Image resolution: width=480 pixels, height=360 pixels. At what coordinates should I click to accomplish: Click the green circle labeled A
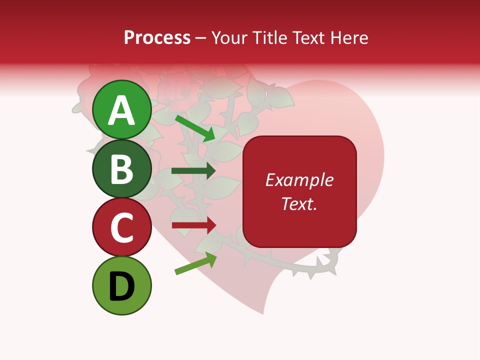pyautogui.click(x=122, y=109)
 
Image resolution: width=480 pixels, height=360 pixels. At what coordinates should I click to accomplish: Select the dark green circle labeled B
pyautogui.click(x=122, y=168)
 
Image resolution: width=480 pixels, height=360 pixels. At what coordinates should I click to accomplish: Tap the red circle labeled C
pyautogui.click(x=122, y=227)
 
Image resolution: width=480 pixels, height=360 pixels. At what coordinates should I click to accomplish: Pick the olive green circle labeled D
pyautogui.click(x=122, y=286)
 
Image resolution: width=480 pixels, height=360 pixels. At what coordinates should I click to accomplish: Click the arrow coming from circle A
pyautogui.click(x=195, y=127)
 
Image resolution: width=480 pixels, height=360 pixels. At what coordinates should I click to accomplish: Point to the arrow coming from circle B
pyautogui.click(x=193, y=171)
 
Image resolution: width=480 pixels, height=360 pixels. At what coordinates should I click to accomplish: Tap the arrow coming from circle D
pyautogui.click(x=195, y=263)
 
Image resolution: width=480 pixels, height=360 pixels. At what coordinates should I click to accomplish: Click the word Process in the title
pyautogui.click(x=157, y=37)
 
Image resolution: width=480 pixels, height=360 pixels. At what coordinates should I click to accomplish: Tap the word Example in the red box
pyautogui.click(x=299, y=180)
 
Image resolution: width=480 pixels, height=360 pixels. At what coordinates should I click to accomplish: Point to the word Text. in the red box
pyautogui.click(x=299, y=203)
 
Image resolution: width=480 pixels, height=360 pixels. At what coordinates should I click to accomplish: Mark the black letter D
pyautogui.click(x=122, y=287)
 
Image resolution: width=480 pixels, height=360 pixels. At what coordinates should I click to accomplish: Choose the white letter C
pyautogui.click(x=122, y=228)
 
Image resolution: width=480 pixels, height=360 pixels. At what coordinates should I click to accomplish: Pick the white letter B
pyautogui.click(x=122, y=169)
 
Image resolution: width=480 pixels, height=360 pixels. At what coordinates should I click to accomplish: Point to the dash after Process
pyautogui.click(x=200, y=38)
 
